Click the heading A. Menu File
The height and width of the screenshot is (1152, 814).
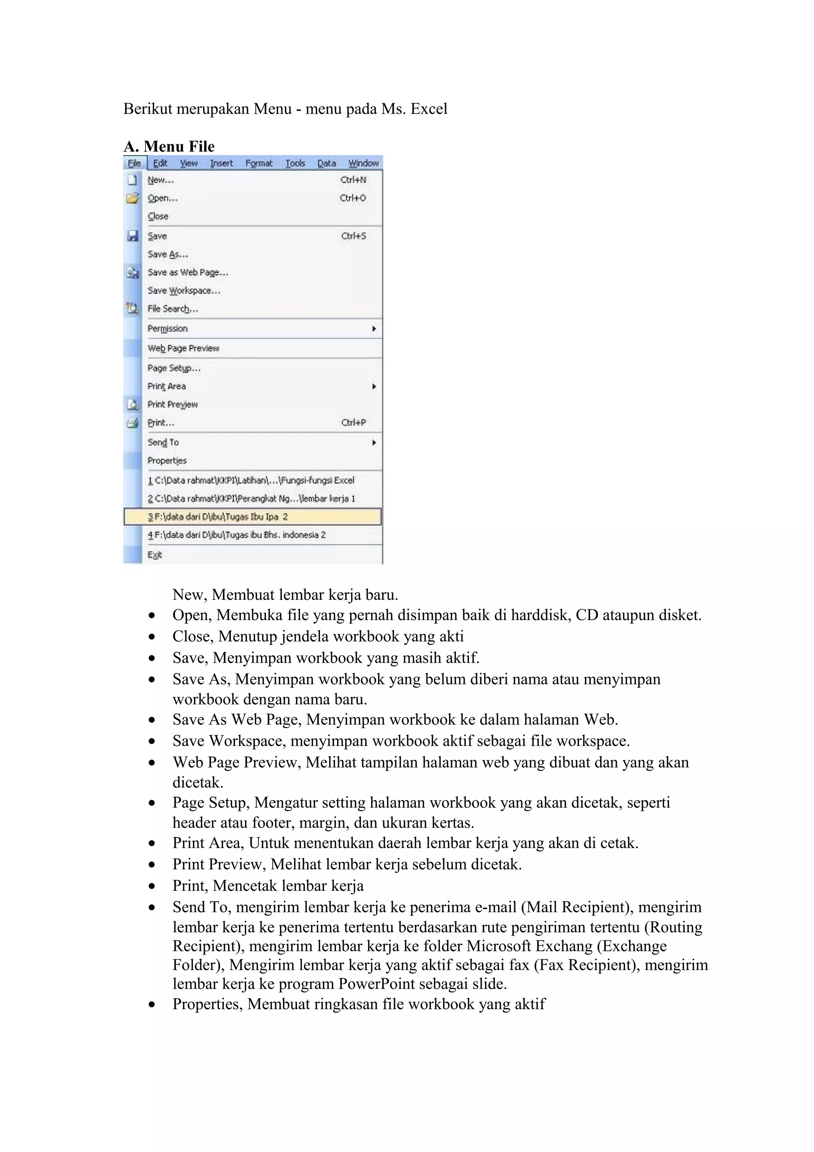(x=169, y=147)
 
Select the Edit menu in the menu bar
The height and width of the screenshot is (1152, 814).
(x=160, y=163)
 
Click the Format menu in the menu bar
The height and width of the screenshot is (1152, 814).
(x=259, y=163)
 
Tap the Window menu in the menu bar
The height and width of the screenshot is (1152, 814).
(x=364, y=163)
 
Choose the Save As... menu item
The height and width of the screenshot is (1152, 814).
(x=167, y=254)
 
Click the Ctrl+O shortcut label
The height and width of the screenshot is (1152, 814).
(x=353, y=198)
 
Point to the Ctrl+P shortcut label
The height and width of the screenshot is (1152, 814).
(x=354, y=423)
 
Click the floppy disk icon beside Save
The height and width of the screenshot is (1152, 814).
(x=132, y=236)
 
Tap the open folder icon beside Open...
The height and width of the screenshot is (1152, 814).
(x=132, y=198)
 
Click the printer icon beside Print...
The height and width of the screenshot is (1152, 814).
(x=132, y=423)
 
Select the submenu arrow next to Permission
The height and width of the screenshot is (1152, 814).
(x=374, y=329)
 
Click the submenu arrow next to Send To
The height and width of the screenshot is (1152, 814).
(x=374, y=442)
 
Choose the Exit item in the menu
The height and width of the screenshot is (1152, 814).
(x=155, y=555)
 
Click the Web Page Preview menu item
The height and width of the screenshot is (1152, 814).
(x=183, y=348)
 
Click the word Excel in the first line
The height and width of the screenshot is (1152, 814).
(x=428, y=109)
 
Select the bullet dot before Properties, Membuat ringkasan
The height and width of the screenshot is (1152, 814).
(x=152, y=1005)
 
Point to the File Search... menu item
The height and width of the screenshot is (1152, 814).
(x=172, y=309)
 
